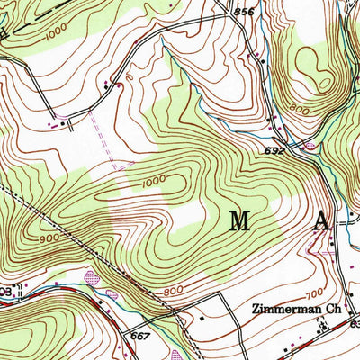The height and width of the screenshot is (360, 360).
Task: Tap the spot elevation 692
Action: [274, 151]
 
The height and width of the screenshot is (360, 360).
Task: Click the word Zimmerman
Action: [280, 308]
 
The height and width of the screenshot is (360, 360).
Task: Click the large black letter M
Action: [240, 220]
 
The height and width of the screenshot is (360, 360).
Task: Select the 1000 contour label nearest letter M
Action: [154, 184]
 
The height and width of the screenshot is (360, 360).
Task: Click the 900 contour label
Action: [50, 240]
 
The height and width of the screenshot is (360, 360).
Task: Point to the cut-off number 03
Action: [4, 292]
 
